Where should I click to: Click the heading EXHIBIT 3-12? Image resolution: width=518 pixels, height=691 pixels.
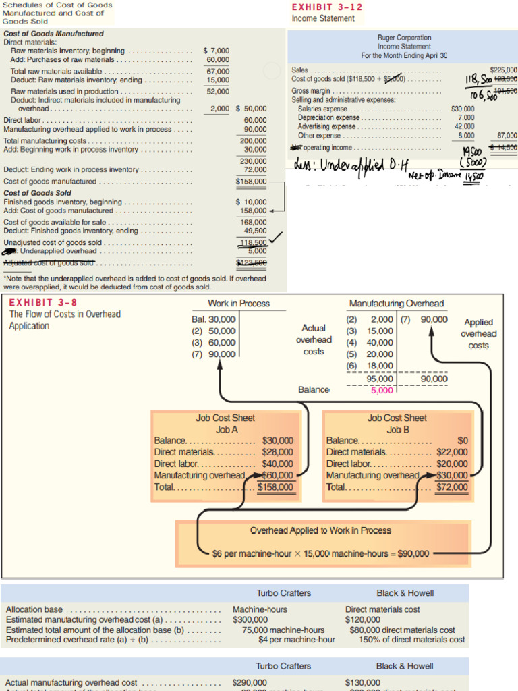pyautogui.click(x=318, y=7)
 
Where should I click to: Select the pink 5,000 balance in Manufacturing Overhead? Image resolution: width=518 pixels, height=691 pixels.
pyautogui.click(x=381, y=390)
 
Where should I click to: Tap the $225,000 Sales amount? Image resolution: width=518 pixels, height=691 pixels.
pyautogui.click(x=502, y=70)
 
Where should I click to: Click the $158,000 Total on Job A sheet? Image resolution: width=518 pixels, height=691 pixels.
pyautogui.click(x=277, y=487)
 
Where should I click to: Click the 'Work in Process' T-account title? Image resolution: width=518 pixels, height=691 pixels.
pyautogui.click(x=239, y=304)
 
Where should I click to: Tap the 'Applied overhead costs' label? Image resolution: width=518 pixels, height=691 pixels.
pyautogui.click(x=478, y=333)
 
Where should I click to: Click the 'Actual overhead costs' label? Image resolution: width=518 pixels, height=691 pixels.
pyautogui.click(x=314, y=339)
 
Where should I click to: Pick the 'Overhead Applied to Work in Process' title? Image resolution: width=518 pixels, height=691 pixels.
pyautogui.click(x=320, y=530)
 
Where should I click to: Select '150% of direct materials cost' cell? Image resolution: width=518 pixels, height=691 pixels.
pyautogui.click(x=411, y=640)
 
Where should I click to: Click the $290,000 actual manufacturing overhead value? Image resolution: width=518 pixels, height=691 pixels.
pyautogui.click(x=250, y=682)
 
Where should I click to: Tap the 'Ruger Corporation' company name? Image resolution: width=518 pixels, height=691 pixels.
pyautogui.click(x=404, y=38)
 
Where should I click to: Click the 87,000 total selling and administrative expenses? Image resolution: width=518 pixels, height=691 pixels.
pyautogui.click(x=507, y=135)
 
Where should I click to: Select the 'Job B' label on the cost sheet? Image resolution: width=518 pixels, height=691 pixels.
pyautogui.click(x=398, y=429)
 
